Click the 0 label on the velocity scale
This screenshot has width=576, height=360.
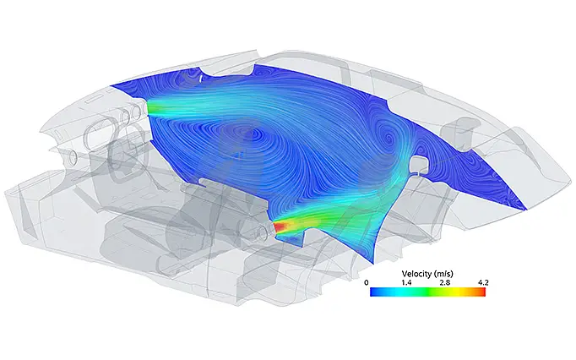coord(367,282)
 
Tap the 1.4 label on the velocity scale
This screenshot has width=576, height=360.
coord(406,282)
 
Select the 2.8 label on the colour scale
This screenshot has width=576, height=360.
coord(445,282)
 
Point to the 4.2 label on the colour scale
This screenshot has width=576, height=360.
coord(483,282)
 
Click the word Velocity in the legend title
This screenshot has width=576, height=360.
coord(416,274)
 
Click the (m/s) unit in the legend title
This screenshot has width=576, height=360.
coord(443,274)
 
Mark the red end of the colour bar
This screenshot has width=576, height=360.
coord(483,292)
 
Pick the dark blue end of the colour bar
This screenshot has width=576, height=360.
coord(373,292)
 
